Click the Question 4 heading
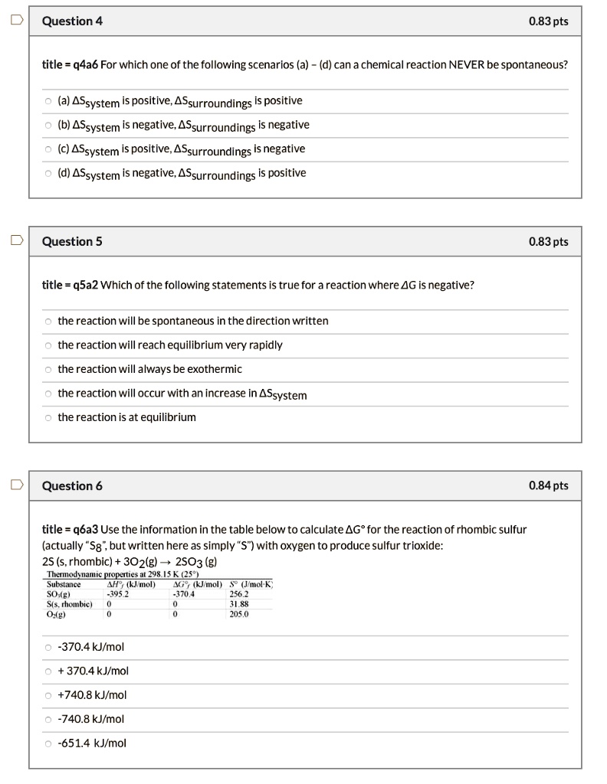click(72, 21)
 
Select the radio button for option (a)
click(48, 101)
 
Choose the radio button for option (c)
click(48, 149)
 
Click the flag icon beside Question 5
click(14, 241)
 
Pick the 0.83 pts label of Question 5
click(549, 242)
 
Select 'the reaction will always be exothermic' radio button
click(48, 370)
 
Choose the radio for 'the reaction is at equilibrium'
click(48, 417)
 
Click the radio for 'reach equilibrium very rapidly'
click(48, 345)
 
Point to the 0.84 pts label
click(549, 486)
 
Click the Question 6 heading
click(72, 486)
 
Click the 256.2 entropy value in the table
click(239, 593)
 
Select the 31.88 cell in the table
click(239, 603)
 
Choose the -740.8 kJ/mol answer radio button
click(48, 719)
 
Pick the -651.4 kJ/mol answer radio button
click(48, 743)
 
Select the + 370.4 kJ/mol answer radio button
click(48, 671)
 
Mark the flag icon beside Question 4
click(14, 21)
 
